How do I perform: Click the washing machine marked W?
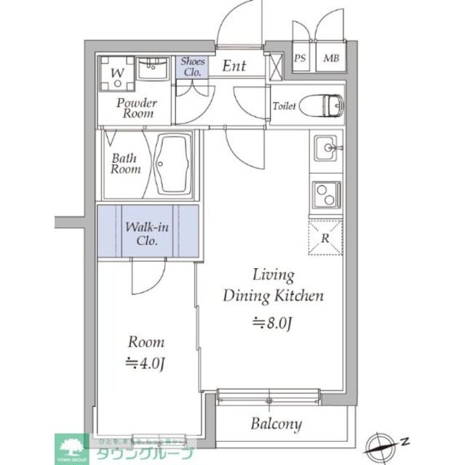pyautogui.click(x=116, y=73)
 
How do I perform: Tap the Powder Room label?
pyautogui.click(x=137, y=108)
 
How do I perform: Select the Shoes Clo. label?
pyautogui.click(x=191, y=67)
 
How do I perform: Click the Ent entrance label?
pyautogui.click(x=234, y=66)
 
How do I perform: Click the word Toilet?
pyautogui.click(x=284, y=107)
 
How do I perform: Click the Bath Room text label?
pyautogui.click(x=125, y=163)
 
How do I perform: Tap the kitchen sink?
pyautogui.click(x=325, y=150)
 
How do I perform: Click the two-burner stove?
pyautogui.click(x=325, y=195)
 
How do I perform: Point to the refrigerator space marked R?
pyautogui.click(x=325, y=237)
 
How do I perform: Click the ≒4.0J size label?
pyautogui.click(x=146, y=363)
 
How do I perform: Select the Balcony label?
pyautogui.click(x=277, y=424)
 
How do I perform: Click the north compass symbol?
pyautogui.click(x=384, y=441)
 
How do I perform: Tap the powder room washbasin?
pyautogui.click(x=153, y=70)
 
